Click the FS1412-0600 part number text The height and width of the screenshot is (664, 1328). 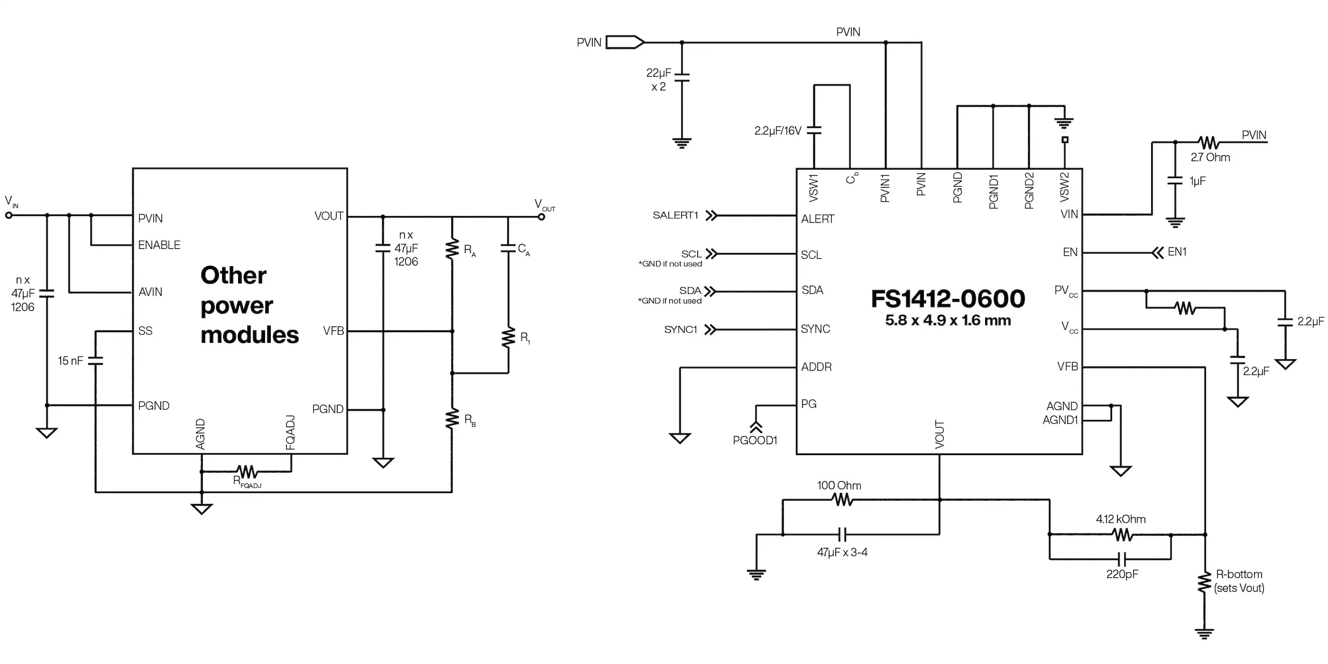pyautogui.click(x=947, y=299)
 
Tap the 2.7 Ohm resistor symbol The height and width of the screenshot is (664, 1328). pyautogui.click(x=1208, y=143)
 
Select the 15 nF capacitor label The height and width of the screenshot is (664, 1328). pyautogui.click(x=70, y=361)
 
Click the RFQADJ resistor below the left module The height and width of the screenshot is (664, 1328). pyautogui.click(x=247, y=472)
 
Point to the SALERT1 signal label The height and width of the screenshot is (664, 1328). pyautogui.click(x=675, y=215)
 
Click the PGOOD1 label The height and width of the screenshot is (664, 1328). pyautogui.click(x=755, y=440)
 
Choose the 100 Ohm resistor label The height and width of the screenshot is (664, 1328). pyautogui.click(x=839, y=486)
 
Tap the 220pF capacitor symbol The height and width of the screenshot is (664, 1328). pyautogui.click(x=1122, y=559)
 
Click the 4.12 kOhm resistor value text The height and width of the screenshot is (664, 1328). pyautogui.click(x=1120, y=519)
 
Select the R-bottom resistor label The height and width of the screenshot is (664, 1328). pyautogui.click(x=1239, y=581)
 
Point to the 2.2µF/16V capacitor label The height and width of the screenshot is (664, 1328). pyautogui.click(x=778, y=131)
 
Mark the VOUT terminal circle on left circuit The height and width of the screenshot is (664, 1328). pyautogui.click(x=541, y=217)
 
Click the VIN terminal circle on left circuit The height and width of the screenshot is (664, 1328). pyautogui.click(x=9, y=215)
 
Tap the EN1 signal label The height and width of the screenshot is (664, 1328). pyautogui.click(x=1177, y=252)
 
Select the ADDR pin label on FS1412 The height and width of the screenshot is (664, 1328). pyautogui.click(x=816, y=367)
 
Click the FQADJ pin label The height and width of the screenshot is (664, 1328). pyautogui.click(x=290, y=432)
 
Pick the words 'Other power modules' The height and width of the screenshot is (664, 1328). pyautogui.click(x=249, y=305)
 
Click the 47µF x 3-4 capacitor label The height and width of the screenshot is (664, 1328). pyautogui.click(x=842, y=552)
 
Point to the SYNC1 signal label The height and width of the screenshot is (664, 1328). pyautogui.click(x=680, y=330)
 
